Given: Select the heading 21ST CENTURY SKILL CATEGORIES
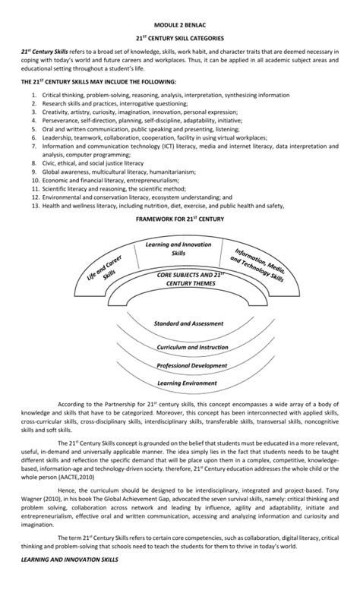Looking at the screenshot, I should point(180,36).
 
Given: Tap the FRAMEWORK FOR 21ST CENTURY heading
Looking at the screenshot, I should point(180,219).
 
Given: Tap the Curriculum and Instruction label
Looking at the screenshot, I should point(182,346).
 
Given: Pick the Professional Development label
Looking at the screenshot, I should point(182,365).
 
